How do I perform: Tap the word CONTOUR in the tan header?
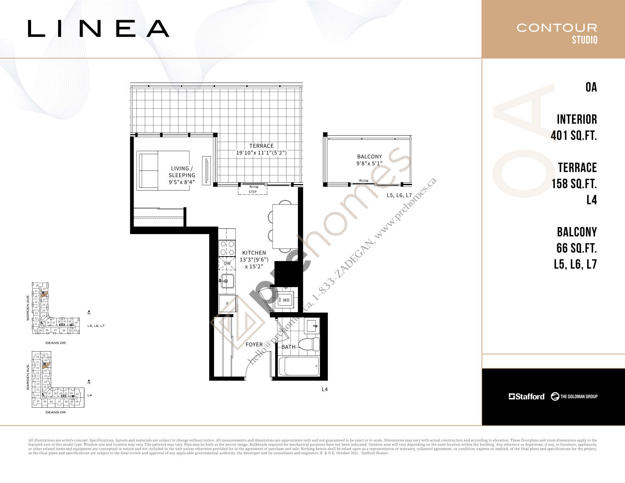pos(556,28)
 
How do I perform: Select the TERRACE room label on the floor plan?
pos(261,146)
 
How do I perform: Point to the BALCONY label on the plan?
pos(370,156)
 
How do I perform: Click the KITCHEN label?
pos(254,253)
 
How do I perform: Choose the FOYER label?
pos(254,344)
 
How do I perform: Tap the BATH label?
pos(288,347)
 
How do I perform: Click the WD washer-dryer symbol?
pos(285,300)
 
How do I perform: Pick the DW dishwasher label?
pos(227,263)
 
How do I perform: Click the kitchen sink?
pos(227,281)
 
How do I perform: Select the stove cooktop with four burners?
pos(227,248)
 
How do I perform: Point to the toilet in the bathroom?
pos(310,344)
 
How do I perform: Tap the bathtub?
pos(299,366)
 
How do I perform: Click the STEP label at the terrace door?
pos(252,192)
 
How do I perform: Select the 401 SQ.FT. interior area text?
pos(573,135)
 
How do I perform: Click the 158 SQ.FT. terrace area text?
pos(574,184)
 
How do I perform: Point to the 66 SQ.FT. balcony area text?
pos(576,248)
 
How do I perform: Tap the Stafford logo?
pos(526,396)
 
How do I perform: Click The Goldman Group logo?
pos(574,396)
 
